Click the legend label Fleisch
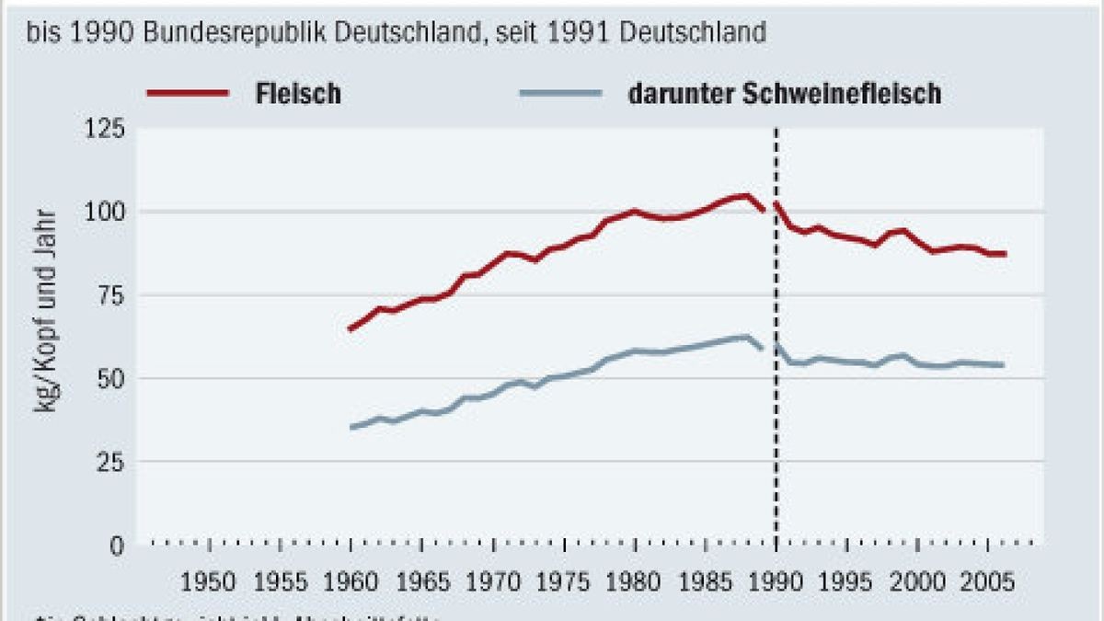[297, 94]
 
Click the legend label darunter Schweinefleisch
[785, 94]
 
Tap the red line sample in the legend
[187, 93]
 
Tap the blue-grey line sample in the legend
[560, 93]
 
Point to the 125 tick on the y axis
[104, 129]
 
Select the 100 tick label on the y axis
[104, 212]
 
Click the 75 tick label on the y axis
[109, 295]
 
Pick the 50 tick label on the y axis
[109, 378]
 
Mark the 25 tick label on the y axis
[109, 462]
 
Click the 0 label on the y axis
[117, 545]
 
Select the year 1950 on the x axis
[209, 581]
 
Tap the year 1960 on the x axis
[351, 581]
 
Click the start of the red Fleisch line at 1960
[351, 328]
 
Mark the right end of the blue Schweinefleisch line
[1002, 365]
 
